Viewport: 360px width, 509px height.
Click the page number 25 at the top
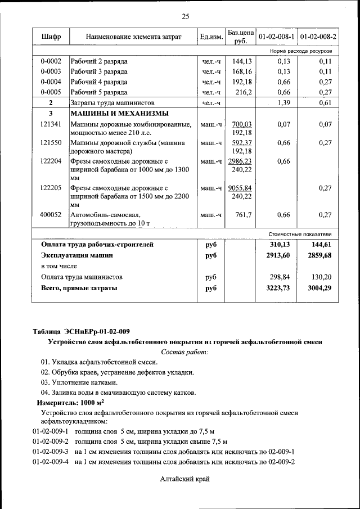click(185, 16)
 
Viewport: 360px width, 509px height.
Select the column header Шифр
click(51, 37)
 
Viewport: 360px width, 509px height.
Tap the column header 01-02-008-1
click(276, 37)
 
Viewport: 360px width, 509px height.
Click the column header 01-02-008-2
click(318, 37)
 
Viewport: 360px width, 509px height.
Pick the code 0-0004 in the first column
click(51, 82)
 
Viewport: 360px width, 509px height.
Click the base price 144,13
click(241, 61)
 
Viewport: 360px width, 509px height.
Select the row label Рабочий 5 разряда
click(99, 92)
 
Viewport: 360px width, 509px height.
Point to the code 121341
click(51, 124)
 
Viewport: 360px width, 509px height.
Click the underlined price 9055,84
click(241, 188)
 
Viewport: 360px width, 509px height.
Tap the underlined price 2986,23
click(241, 161)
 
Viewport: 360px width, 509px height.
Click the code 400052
click(51, 215)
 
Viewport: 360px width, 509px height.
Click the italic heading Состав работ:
click(184, 352)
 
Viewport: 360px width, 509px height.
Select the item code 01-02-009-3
click(50, 452)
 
